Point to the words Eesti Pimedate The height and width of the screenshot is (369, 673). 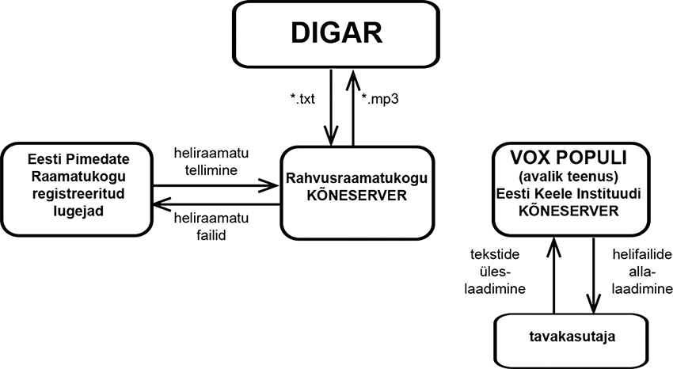click(x=72, y=158)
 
